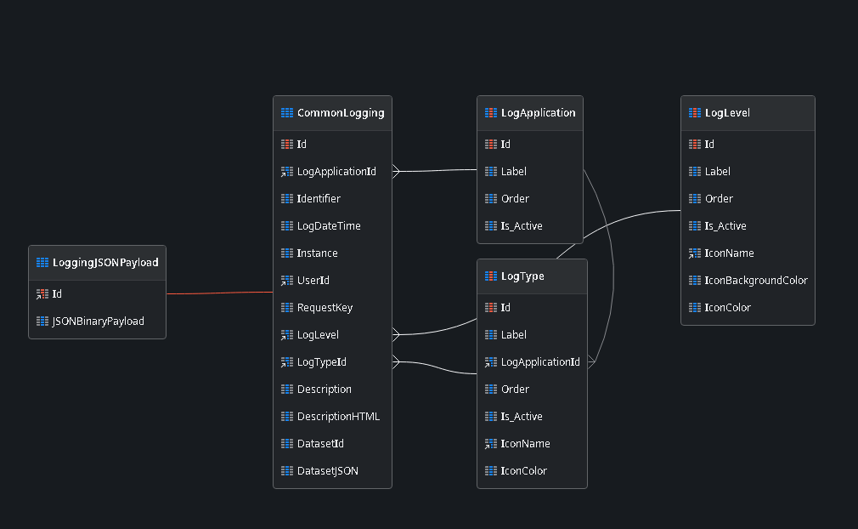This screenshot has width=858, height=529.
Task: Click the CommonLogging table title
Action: coord(340,113)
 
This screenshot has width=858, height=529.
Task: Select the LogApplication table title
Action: coord(538,113)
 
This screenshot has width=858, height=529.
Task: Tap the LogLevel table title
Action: coord(727,113)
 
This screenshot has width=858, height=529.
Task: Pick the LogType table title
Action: coord(522,276)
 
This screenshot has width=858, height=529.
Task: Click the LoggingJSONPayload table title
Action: coord(105,263)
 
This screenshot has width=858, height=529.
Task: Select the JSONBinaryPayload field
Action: coord(98,321)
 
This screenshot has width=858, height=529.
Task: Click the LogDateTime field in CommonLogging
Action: coord(329,226)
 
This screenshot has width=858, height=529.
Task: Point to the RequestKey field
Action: coord(325,308)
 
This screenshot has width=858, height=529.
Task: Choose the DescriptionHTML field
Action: coord(338,417)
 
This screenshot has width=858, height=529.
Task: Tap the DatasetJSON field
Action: coord(327,471)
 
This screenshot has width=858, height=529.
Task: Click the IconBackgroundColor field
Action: coord(756,281)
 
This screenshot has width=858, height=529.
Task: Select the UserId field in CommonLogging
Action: coord(313,281)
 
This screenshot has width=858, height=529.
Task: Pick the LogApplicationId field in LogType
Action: coord(540,362)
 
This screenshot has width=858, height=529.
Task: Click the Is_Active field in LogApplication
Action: coord(522,226)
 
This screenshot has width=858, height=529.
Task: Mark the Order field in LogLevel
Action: coord(719,199)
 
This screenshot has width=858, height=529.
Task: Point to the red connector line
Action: coord(219,293)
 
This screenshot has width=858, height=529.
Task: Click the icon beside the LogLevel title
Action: coord(695,113)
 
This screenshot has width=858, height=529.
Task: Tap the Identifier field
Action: coord(319,199)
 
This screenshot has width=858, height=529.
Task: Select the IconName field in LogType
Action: coord(525,444)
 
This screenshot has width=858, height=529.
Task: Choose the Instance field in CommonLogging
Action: coord(317,253)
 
